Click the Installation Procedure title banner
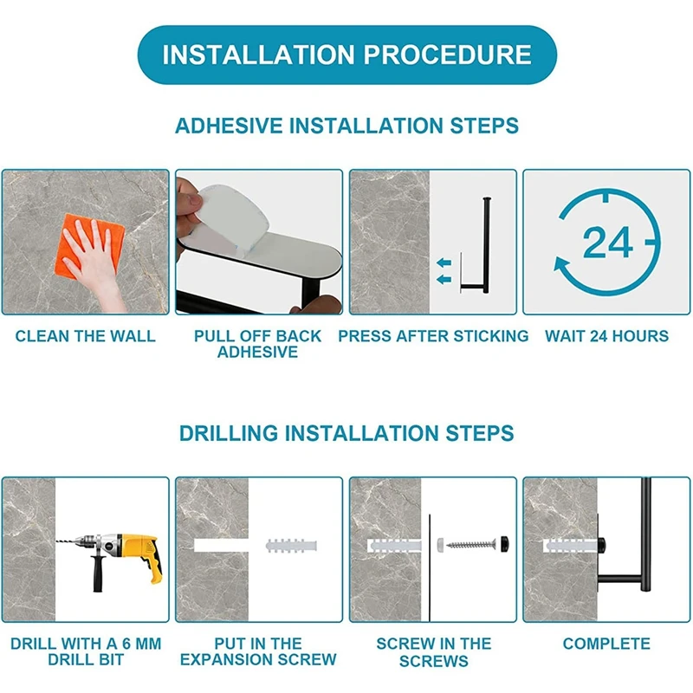pyautogui.click(x=347, y=55)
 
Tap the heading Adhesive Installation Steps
pyautogui.click(x=347, y=126)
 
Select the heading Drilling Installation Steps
pyautogui.click(x=347, y=433)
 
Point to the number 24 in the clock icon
pyautogui.click(x=607, y=243)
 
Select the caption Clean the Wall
pyautogui.click(x=85, y=336)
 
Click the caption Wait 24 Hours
pyautogui.click(x=606, y=336)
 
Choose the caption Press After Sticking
pyautogui.click(x=433, y=336)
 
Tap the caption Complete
pyautogui.click(x=606, y=644)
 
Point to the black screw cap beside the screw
pyautogui.click(x=504, y=542)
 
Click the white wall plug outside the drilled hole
pyautogui.click(x=291, y=546)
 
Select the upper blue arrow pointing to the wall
pyautogui.click(x=444, y=263)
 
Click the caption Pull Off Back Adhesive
pyautogui.click(x=257, y=344)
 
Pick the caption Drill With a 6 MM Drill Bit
pyautogui.click(x=86, y=651)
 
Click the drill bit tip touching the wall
pyautogui.click(x=57, y=540)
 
